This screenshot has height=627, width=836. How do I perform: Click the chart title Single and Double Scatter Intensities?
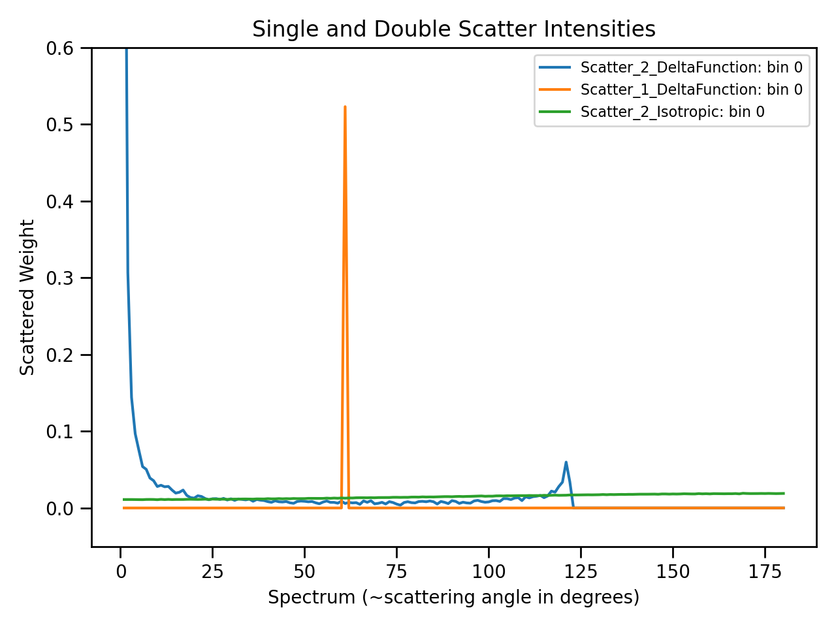[454, 29]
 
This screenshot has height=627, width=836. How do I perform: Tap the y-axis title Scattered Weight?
[27, 298]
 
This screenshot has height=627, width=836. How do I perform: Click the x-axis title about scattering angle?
[453, 597]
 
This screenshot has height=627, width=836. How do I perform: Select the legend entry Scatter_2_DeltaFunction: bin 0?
[691, 67]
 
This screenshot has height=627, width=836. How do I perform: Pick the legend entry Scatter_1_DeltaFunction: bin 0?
[691, 89]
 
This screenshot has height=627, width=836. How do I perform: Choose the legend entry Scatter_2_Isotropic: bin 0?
[672, 112]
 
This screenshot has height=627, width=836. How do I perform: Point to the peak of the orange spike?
[345, 106]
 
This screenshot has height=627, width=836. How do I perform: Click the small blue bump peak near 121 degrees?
[566, 462]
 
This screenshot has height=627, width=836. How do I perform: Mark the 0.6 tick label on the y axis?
[59, 48]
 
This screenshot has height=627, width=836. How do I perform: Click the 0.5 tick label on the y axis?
[59, 125]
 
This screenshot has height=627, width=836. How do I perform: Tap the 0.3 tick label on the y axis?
[59, 278]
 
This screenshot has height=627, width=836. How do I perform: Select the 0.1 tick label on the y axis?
[59, 432]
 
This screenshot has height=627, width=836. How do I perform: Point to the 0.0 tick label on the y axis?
[59, 509]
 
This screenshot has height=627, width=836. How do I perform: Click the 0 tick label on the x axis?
[121, 571]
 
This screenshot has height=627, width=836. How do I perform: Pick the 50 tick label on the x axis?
[304, 571]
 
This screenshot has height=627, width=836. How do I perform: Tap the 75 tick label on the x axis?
[396, 571]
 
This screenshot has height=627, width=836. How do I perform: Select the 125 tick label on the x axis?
[581, 571]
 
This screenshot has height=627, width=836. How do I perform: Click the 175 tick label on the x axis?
[765, 571]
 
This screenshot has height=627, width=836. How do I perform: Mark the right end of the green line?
[783, 493]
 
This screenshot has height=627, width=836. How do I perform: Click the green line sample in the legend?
[555, 112]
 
